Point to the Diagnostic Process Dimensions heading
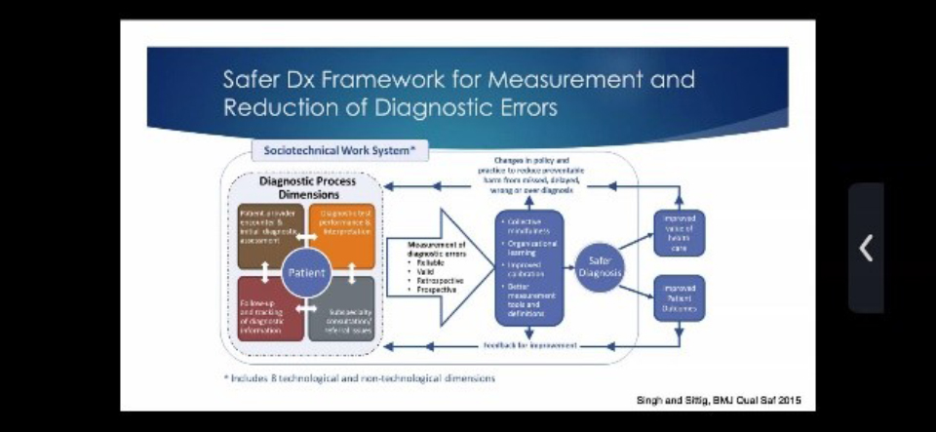point(306,187)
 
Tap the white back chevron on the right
point(865,249)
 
